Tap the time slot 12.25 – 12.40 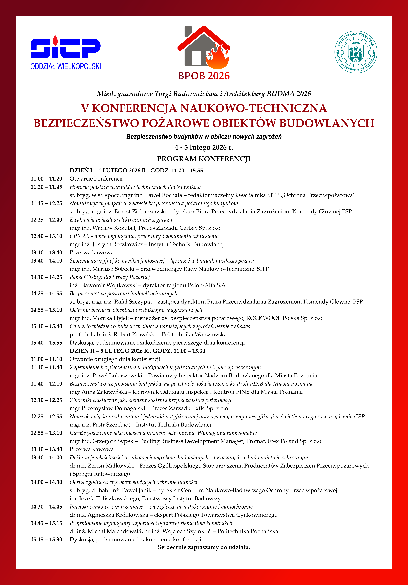pos(46,220)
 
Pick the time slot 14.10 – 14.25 pos(46,277)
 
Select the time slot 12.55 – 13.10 pos(46,433)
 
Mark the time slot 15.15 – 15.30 pos(46,539)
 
